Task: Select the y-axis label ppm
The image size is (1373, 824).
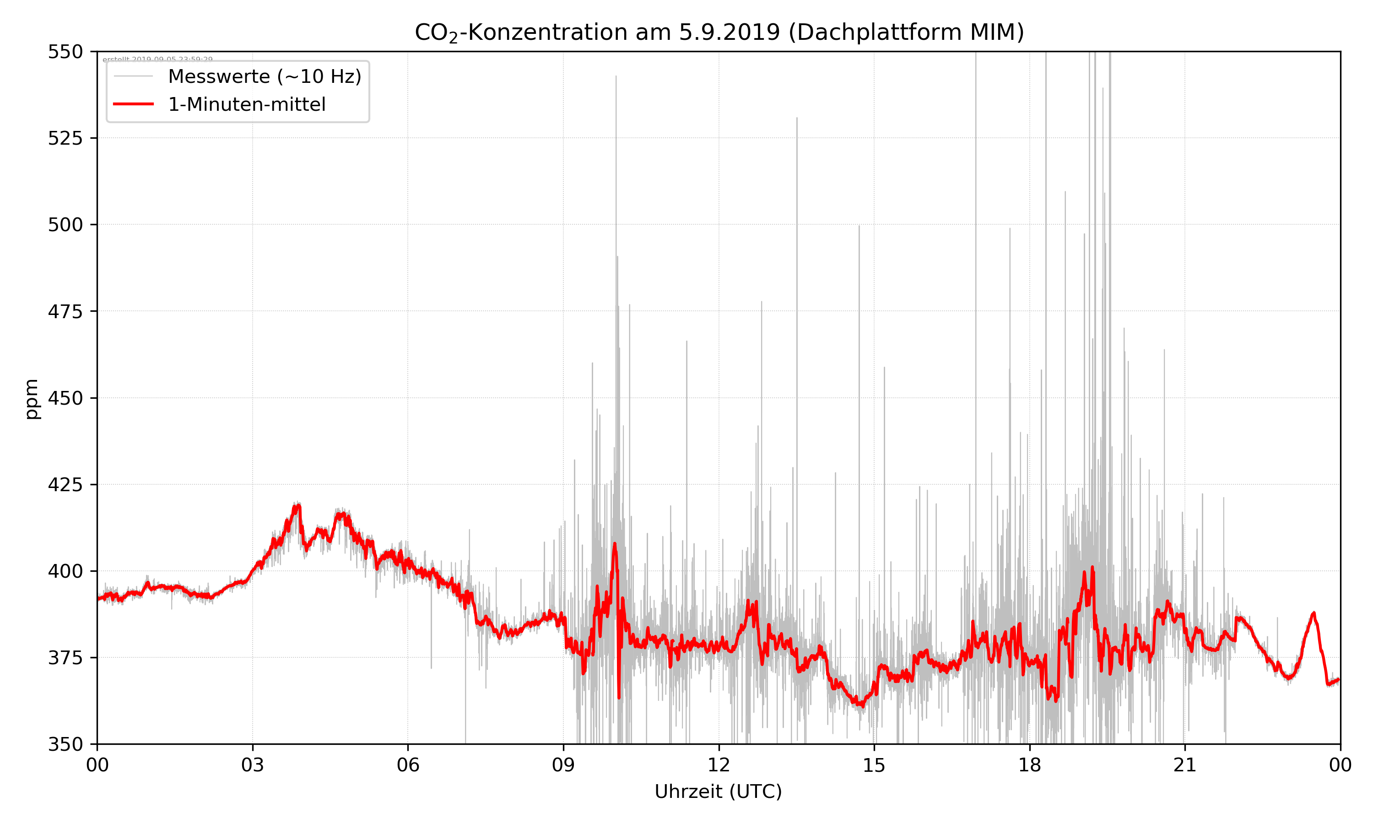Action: pos(32,399)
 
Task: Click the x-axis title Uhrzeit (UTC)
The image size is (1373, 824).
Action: pos(718,791)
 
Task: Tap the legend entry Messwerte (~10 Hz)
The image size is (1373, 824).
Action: pos(264,76)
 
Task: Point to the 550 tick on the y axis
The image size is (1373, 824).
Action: pos(65,52)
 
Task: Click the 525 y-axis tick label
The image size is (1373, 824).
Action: pos(65,138)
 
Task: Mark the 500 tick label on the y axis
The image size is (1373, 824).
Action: pos(65,225)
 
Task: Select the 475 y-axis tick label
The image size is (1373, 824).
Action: pos(65,311)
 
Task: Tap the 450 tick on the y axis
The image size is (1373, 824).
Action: pos(65,398)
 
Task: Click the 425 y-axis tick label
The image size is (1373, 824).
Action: pos(65,485)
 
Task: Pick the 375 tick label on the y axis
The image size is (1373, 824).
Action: pos(65,658)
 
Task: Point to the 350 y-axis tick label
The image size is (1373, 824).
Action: pos(65,745)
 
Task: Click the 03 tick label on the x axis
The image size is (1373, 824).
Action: pos(253,765)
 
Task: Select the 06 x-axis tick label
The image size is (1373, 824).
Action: pos(408,765)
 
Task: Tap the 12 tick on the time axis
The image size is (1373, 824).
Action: pos(719,765)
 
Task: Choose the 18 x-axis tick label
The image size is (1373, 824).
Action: pos(1029,765)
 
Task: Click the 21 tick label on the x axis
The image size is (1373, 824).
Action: pos(1185,765)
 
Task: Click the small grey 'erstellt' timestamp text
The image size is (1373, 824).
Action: pos(157,60)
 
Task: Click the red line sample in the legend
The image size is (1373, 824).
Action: pos(133,104)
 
